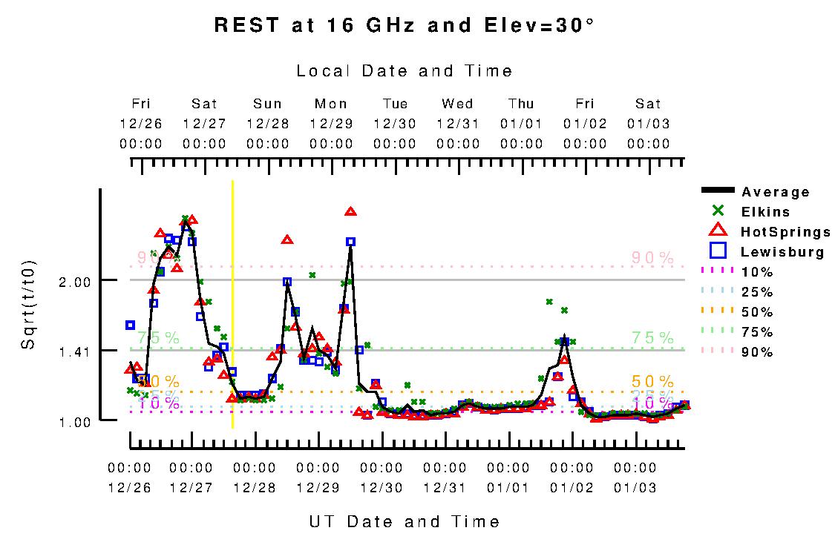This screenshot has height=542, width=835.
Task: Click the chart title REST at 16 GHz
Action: pyautogui.click(x=404, y=25)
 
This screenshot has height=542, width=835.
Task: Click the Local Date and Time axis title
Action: pyautogui.click(x=405, y=71)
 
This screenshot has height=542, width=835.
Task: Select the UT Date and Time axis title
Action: pyautogui.click(x=405, y=522)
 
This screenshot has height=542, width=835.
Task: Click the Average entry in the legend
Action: pyautogui.click(x=776, y=192)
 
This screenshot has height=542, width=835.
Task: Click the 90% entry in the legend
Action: pyautogui.click(x=757, y=352)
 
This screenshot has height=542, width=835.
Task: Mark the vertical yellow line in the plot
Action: pyautogui.click(x=233, y=304)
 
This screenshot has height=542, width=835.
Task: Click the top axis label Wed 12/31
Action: pyautogui.click(x=457, y=124)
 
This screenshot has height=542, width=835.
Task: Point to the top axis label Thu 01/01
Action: pyautogui.click(x=521, y=124)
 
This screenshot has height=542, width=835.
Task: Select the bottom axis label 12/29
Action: pyautogui.click(x=318, y=488)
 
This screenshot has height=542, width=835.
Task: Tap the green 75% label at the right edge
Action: pyautogui.click(x=652, y=337)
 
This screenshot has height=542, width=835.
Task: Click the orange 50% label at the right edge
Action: pyautogui.click(x=652, y=381)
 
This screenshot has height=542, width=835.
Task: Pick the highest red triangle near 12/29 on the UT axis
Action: pyautogui.click(x=350, y=212)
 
